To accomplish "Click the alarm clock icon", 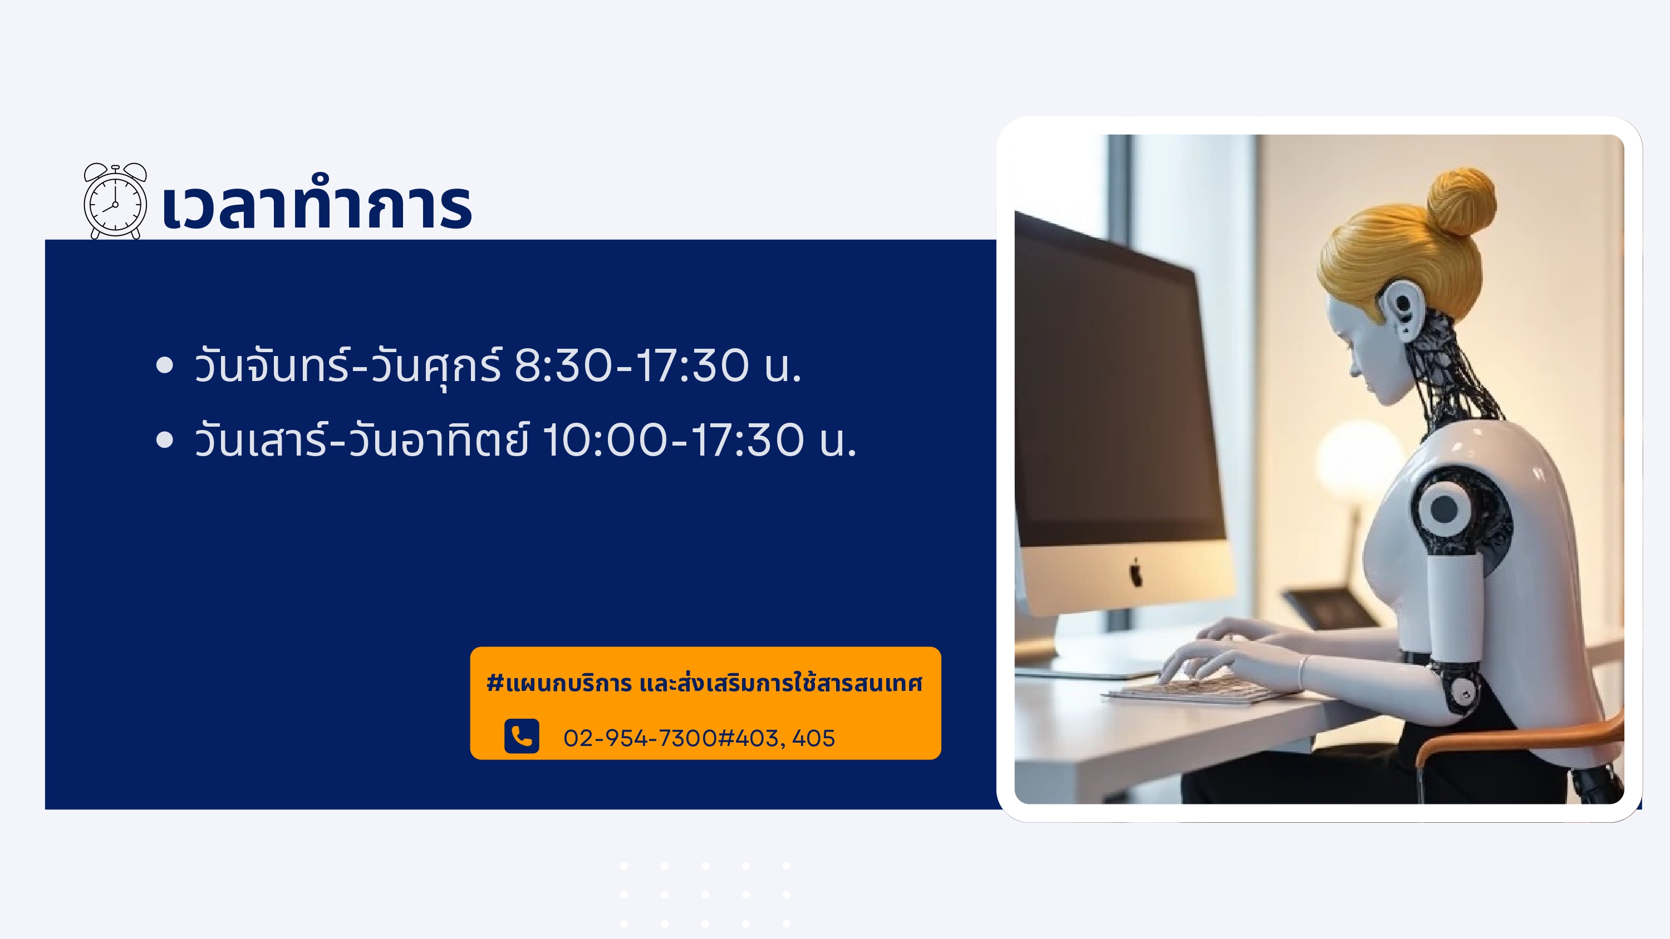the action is click(115, 201).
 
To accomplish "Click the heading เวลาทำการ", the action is click(317, 203).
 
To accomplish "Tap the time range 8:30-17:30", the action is click(631, 366).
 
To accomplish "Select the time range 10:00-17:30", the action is click(673, 440).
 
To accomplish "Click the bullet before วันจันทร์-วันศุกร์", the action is click(165, 365).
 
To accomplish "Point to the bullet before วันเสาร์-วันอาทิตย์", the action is click(165, 440).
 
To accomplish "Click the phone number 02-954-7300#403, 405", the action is click(699, 738).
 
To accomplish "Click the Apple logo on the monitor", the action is click(1136, 573).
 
